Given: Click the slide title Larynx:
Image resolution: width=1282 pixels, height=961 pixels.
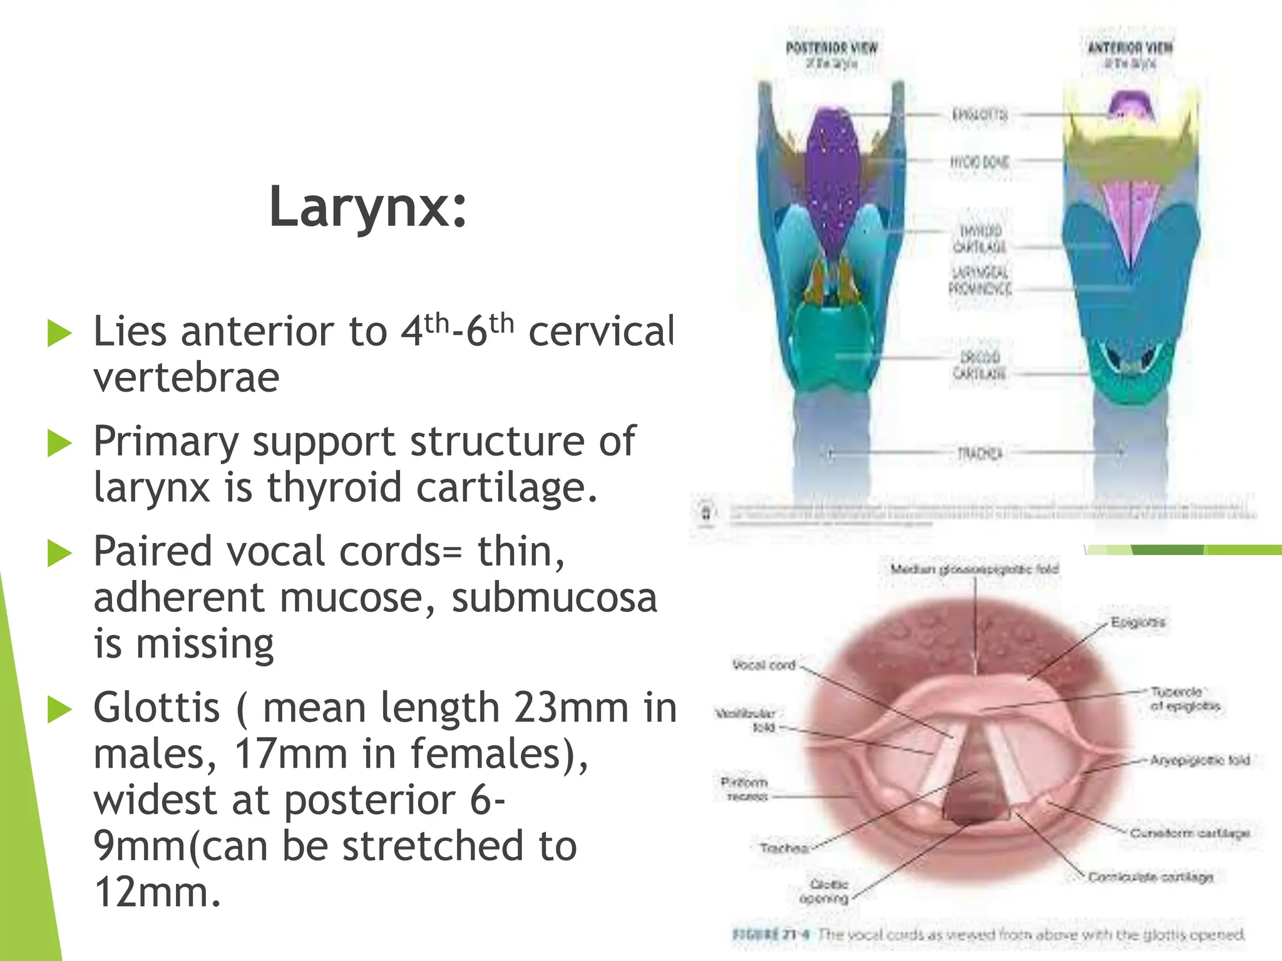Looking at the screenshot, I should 368,208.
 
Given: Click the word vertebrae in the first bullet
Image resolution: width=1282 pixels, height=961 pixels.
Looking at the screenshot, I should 186,377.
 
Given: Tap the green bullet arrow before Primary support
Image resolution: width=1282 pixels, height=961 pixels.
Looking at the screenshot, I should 60,444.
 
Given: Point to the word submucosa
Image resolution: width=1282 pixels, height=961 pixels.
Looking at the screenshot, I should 555,597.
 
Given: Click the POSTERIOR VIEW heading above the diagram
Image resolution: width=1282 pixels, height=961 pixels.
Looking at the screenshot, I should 831,48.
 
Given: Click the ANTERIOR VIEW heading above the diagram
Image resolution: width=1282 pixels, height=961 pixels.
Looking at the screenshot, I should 1130,48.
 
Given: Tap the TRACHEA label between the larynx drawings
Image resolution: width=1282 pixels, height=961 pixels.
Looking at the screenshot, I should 980,453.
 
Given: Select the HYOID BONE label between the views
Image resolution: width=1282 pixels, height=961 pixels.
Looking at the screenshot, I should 980,162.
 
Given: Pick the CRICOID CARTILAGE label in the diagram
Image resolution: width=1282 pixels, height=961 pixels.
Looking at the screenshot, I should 980,365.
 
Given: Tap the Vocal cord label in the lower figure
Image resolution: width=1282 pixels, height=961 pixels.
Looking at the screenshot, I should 764,665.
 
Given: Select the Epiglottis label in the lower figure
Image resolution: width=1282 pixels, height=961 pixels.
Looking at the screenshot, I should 1137,623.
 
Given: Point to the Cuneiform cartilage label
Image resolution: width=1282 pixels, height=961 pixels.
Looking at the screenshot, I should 1189,833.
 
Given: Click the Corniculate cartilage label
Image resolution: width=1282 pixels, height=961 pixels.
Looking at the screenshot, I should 1151,877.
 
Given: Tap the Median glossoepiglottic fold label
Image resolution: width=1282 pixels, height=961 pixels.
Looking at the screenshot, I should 974,569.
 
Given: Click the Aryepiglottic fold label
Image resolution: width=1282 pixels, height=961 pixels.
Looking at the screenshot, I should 1199,760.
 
